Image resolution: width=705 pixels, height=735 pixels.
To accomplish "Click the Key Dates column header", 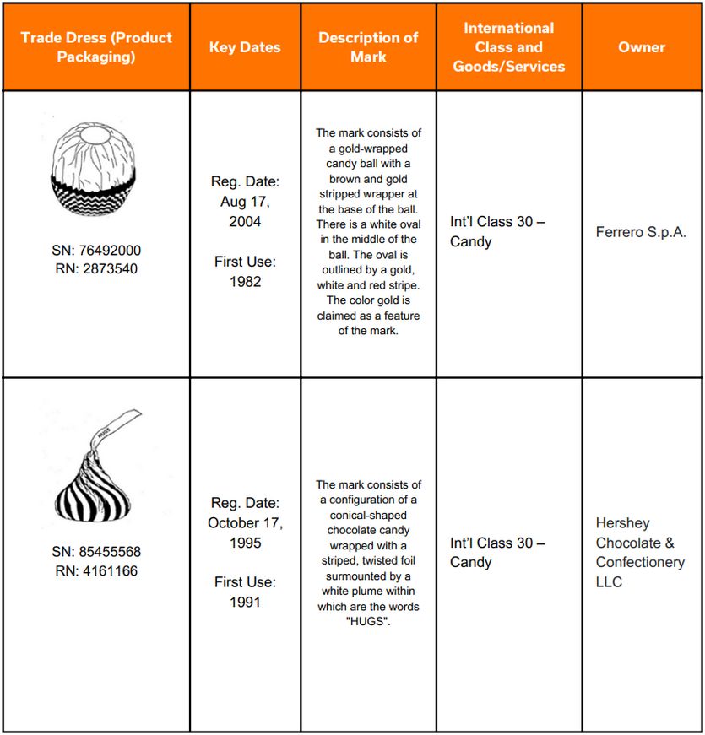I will pyautogui.click(x=245, y=47).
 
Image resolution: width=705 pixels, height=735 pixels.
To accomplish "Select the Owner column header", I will pyautogui.click(x=642, y=47).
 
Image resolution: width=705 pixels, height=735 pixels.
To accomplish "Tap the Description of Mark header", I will pyautogui.click(x=368, y=47).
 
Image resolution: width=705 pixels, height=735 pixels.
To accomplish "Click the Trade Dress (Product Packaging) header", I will pyautogui.click(x=96, y=47).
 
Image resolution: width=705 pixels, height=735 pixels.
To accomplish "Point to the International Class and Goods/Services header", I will pyautogui.click(x=509, y=47).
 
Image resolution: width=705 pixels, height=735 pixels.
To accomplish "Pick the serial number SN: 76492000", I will pyautogui.click(x=96, y=251).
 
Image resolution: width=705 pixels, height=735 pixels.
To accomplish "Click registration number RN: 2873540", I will pyautogui.click(x=96, y=269).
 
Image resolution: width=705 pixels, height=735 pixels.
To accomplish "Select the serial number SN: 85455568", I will pyautogui.click(x=96, y=552).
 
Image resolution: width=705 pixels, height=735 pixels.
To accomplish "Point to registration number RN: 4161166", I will pyautogui.click(x=96, y=571).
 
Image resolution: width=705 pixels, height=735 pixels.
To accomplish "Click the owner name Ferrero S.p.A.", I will pyautogui.click(x=642, y=232).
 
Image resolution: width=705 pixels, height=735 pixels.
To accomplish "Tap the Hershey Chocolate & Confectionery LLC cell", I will pyautogui.click(x=640, y=552).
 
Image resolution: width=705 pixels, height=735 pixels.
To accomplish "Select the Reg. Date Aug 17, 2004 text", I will pyautogui.click(x=245, y=202).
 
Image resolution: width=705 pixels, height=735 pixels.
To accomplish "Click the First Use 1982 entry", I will pyautogui.click(x=245, y=272).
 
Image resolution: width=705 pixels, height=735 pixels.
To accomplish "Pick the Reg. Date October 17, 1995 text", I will pyautogui.click(x=245, y=523).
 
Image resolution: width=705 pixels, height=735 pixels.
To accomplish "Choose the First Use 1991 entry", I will pyautogui.click(x=245, y=592).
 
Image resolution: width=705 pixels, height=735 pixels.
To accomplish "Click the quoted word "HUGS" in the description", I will pyautogui.click(x=368, y=622).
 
